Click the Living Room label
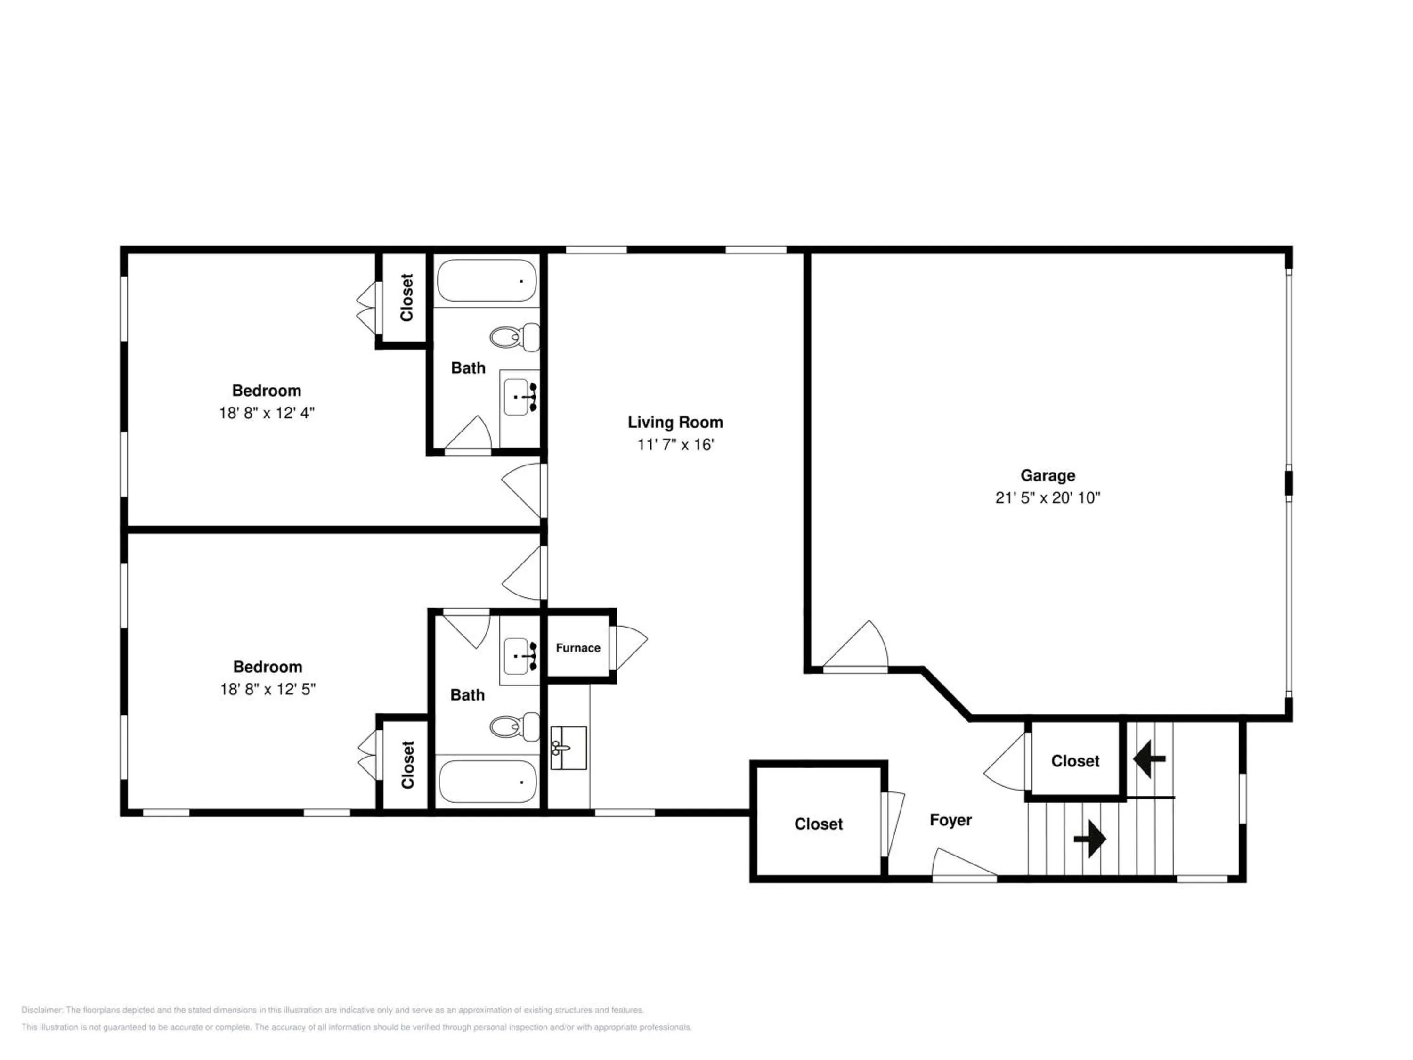(675, 422)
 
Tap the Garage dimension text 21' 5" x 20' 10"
(1048, 498)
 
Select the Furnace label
(578, 648)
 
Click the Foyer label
(950, 820)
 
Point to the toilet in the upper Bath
(515, 337)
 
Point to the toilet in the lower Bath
(515, 727)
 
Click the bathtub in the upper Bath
(487, 280)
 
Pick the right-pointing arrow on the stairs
(1090, 838)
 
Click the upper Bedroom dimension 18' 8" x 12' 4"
(267, 413)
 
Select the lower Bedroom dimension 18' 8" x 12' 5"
(268, 689)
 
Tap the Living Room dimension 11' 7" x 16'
(675, 445)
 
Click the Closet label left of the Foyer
(818, 824)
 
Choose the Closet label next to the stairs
(1075, 761)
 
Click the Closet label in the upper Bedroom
(407, 298)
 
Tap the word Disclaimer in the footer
(42, 1010)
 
